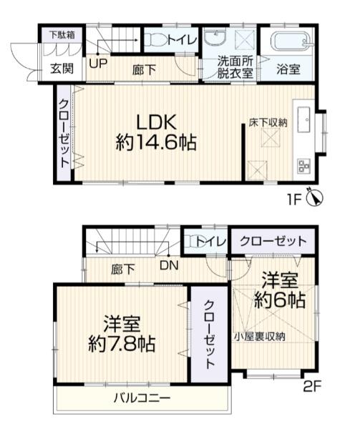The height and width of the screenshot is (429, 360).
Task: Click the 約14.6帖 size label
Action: (x=156, y=142)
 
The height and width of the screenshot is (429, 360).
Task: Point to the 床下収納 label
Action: (x=268, y=122)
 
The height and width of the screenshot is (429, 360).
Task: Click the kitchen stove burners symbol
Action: (x=302, y=167)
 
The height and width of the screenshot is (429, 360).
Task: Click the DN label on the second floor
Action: (x=170, y=265)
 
